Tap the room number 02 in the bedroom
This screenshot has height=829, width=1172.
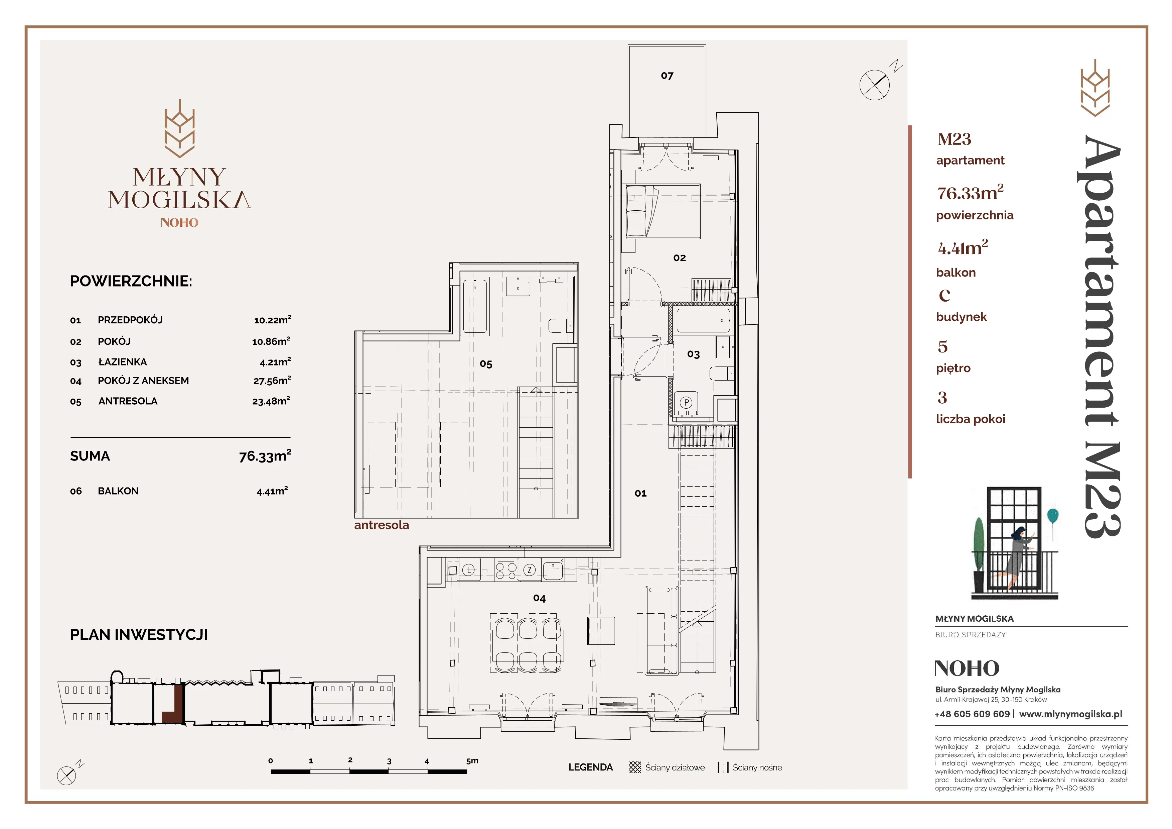point(680,258)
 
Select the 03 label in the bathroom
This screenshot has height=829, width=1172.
point(693,354)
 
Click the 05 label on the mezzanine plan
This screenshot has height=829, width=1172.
point(486,364)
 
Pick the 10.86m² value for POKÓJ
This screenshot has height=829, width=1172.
point(271,341)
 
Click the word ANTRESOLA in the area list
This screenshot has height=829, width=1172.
point(128,401)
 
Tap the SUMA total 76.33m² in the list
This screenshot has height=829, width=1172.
point(265,455)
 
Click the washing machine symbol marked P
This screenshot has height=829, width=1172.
point(687,403)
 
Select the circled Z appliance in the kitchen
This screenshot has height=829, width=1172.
point(529,571)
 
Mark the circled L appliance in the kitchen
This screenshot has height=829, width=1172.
point(469,570)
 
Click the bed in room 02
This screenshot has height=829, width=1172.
point(661,211)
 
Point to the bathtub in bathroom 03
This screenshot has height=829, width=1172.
point(703,320)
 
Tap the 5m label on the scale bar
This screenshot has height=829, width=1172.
point(472,760)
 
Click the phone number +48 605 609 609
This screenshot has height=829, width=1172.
point(973,714)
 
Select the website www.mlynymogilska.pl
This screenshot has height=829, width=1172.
point(1070,714)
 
